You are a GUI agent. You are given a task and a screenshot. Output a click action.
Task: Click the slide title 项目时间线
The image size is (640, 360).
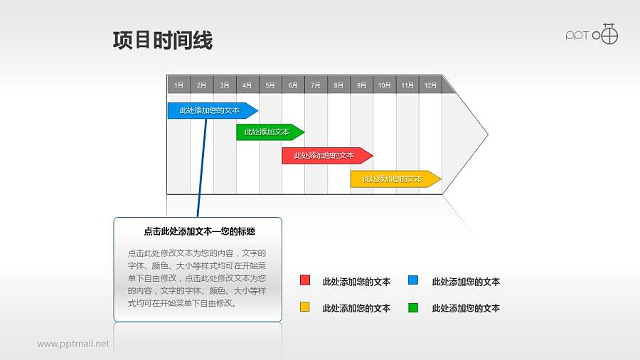pyautogui.click(x=163, y=41)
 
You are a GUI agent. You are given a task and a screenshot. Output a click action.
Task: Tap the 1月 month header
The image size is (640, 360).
pyautogui.click(x=178, y=85)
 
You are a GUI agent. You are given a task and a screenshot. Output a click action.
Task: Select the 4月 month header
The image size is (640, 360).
pyautogui.click(x=247, y=85)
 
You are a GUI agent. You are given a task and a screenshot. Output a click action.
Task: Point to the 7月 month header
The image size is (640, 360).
pyautogui.click(x=316, y=85)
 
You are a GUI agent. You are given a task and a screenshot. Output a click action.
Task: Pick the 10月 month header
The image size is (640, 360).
pyautogui.click(x=384, y=85)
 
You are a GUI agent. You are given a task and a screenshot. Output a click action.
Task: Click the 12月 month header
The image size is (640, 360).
pyautogui.click(x=430, y=85)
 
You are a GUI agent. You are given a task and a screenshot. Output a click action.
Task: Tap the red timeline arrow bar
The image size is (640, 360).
pyautogui.click(x=326, y=156)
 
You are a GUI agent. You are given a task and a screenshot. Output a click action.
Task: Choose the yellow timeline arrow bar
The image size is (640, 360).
pyautogui.click(x=394, y=179)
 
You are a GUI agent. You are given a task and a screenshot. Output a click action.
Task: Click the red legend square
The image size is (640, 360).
pyautogui.click(x=305, y=280)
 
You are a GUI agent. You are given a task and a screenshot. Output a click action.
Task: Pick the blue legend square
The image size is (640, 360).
pyautogui.click(x=413, y=280)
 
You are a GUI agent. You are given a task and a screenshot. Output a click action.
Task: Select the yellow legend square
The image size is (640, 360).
pyautogui.click(x=305, y=307)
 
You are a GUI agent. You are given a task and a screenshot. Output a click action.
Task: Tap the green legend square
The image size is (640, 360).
pyautogui.click(x=413, y=307)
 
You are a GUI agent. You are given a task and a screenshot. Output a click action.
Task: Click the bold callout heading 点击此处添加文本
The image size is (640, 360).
pyautogui.click(x=199, y=231)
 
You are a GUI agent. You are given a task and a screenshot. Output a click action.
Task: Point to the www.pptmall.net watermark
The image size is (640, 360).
pyautogui.click(x=73, y=344)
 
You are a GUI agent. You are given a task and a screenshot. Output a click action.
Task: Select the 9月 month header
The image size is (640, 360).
pyautogui.click(x=361, y=85)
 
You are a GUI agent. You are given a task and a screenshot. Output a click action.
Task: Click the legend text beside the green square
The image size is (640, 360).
pyautogui.click(x=466, y=308)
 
